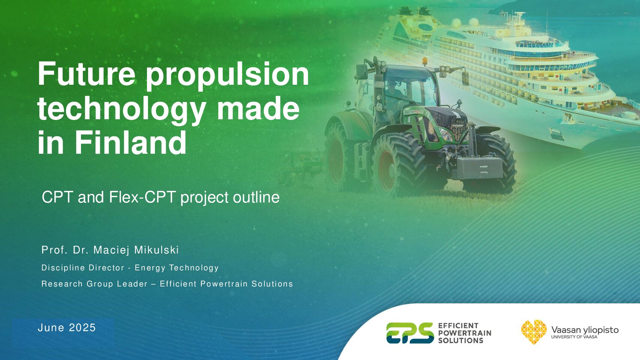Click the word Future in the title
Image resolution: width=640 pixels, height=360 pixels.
point(86,74)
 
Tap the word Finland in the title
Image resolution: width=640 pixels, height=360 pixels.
point(130,142)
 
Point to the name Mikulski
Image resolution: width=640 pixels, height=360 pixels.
point(157,250)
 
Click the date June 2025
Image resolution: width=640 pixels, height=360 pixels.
point(67,328)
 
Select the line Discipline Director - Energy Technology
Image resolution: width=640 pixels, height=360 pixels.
point(130,268)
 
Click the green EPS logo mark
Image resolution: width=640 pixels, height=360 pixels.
point(410,333)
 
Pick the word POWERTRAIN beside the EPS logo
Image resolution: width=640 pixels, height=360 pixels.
point(465,333)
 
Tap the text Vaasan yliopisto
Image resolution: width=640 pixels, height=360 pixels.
point(585,330)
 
